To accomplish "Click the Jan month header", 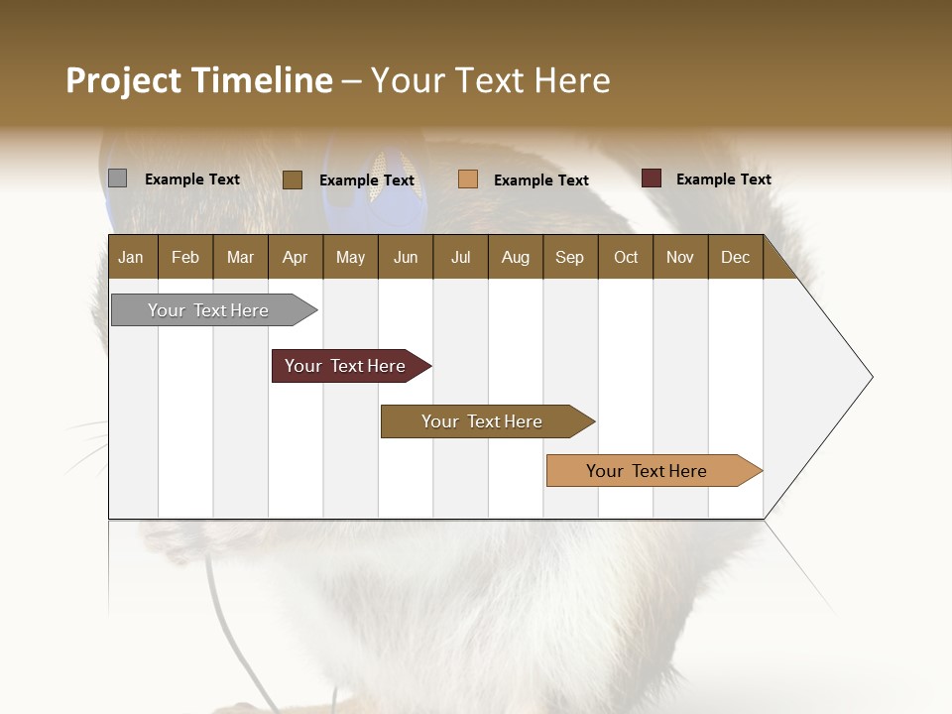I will (131, 257).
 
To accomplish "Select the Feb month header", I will (185, 257).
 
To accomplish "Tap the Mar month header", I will (240, 257).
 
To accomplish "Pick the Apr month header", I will (295, 257).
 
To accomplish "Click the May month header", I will (350, 257).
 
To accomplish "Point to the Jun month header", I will (406, 257).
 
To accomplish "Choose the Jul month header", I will (460, 257).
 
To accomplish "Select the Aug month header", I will (515, 257).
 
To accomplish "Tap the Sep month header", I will (569, 257).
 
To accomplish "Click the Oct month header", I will (626, 257).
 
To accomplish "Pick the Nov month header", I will (680, 257).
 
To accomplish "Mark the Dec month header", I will (735, 257).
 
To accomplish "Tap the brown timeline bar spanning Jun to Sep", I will (483, 421).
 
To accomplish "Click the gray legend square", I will (117, 178).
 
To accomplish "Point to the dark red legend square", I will (652, 178).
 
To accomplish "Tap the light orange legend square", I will (468, 179).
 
